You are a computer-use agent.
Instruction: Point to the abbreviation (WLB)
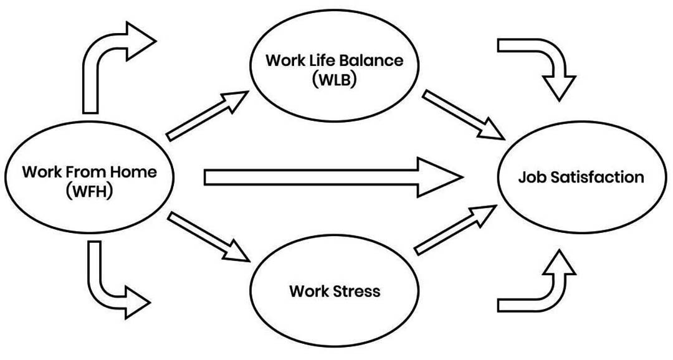pos(335,80)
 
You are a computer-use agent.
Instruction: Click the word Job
pos(530,177)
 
